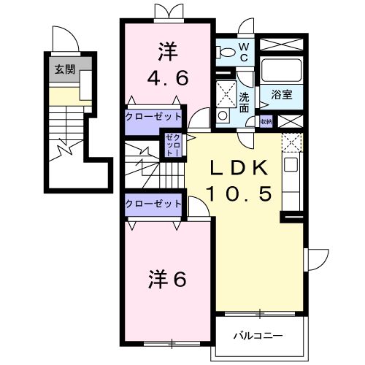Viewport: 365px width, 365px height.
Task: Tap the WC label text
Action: coord(245,52)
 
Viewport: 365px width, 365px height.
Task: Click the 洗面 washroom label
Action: coord(245,102)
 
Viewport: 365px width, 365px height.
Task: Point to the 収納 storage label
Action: coord(266,121)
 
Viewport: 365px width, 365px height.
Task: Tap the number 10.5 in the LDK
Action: coord(234,193)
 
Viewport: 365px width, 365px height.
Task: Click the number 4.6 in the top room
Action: coord(169,75)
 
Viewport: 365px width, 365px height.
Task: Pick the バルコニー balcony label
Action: coord(257,336)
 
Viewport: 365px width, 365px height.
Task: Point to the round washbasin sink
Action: coord(223,115)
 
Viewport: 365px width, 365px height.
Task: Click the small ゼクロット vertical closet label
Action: coord(173,145)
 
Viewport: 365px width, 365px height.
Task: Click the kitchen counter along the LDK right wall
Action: coord(291,179)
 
